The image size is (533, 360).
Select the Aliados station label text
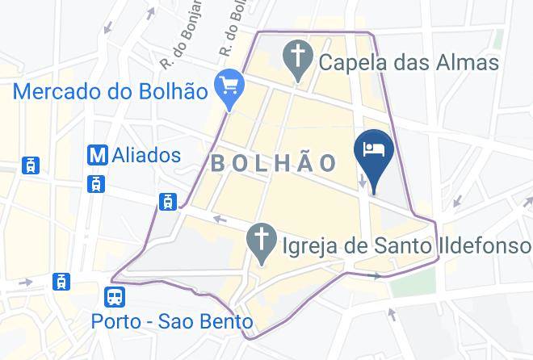point(149,153)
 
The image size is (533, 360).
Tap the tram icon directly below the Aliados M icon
point(98,183)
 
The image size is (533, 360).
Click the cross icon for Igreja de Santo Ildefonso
point(261,241)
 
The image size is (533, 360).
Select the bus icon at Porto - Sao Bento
point(115,297)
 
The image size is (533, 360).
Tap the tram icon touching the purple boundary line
point(168,201)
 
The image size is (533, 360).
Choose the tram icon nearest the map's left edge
point(31,165)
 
